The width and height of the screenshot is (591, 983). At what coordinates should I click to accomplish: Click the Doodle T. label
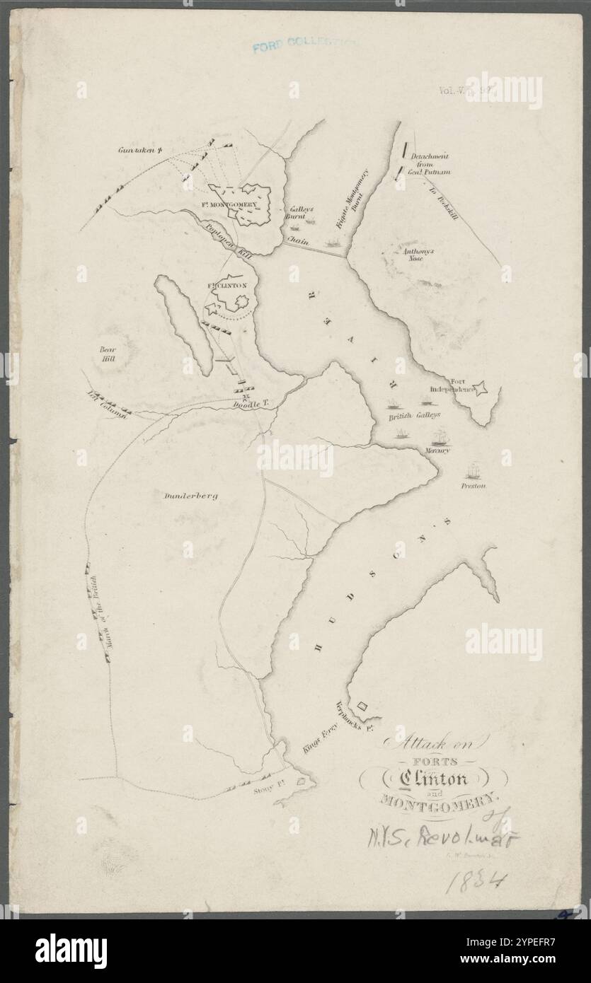point(252,403)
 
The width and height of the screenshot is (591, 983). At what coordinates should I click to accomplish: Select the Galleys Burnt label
point(294,214)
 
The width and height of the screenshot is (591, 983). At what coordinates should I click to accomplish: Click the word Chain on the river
point(297,241)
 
